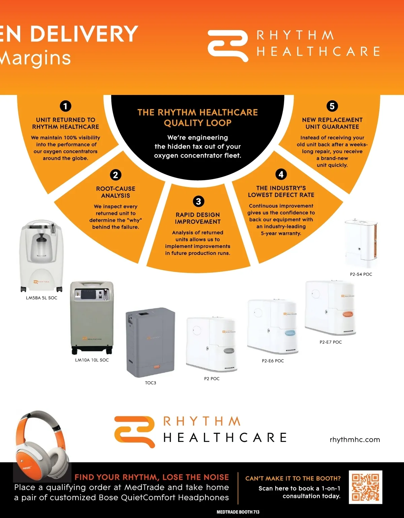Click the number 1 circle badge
click(x=66, y=106)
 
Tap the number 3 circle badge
click(x=198, y=201)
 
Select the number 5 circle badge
click(x=332, y=106)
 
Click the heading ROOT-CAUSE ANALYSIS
click(x=115, y=192)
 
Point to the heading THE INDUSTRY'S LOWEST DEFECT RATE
click(x=281, y=192)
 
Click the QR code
click(x=365, y=487)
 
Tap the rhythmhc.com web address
click(x=355, y=440)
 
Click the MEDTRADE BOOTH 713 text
click(x=238, y=512)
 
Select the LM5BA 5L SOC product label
click(x=41, y=298)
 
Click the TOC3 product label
click(x=150, y=383)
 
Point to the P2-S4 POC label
click(x=361, y=274)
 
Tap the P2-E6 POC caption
click(x=273, y=361)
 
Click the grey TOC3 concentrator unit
click(x=150, y=343)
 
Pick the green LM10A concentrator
click(x=92, y=318)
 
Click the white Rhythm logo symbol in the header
click(x=228, y=46)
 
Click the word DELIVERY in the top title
click(x=84, y=34)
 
